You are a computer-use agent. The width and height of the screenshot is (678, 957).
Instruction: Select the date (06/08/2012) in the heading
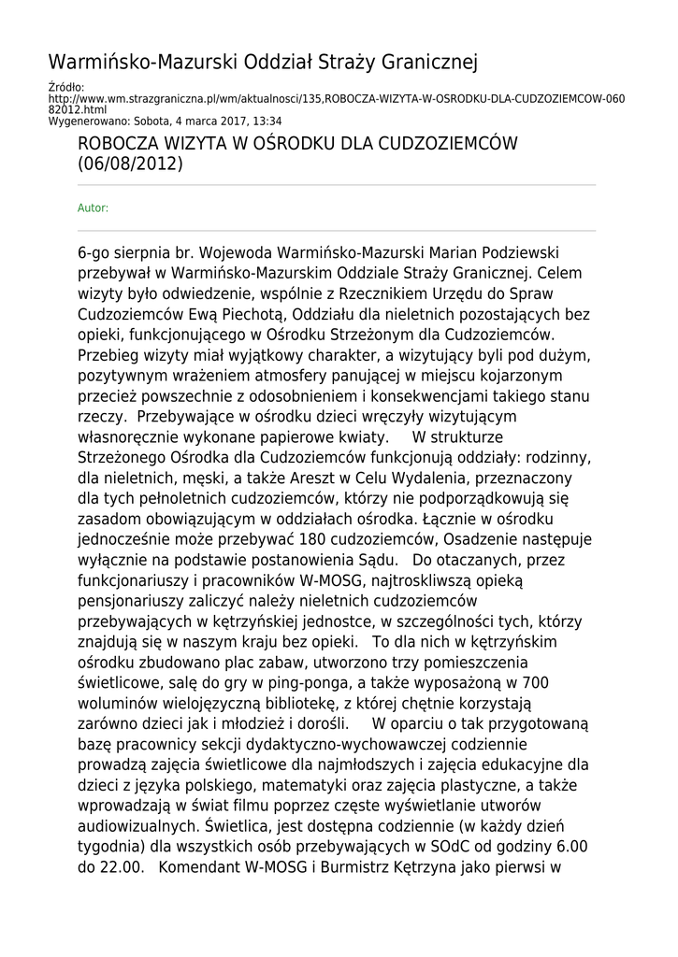(131, 164)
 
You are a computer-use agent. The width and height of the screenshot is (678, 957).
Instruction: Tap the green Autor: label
(93, 207)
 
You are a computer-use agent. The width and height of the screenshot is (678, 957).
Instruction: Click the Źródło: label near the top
(65, 88)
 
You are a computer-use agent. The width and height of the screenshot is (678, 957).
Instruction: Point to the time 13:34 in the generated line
(267, 121)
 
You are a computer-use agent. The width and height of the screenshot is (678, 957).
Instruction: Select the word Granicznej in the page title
(428, 63)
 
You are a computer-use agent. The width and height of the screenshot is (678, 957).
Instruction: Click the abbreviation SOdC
(452, 848)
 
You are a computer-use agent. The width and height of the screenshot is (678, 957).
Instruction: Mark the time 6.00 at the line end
(569, 848)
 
